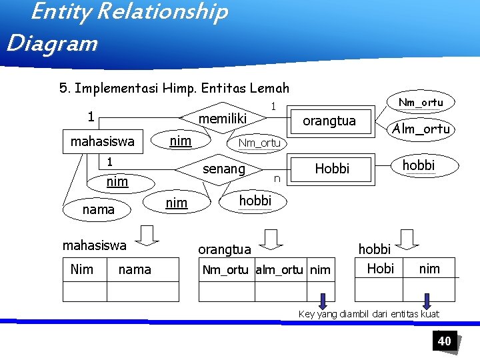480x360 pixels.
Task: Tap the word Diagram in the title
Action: click(52, 43)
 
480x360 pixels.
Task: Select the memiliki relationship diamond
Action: click(223, 119)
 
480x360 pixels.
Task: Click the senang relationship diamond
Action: click(223, 169)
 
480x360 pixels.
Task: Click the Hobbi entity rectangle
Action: click(332, 169)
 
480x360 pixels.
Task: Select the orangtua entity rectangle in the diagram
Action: click(329, 121)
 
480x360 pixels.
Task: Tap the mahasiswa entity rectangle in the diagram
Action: click(103, 141)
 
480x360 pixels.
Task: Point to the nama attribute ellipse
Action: click(98, 209)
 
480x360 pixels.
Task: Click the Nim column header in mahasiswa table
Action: click(81, 269)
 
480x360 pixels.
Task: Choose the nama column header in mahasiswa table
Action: click(135, 269)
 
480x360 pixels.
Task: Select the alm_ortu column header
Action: click(281, 269)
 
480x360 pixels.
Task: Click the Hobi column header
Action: click(380, 268)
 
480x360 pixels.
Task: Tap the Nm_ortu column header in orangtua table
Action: click(225, 269)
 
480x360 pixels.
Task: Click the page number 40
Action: click(444, 341)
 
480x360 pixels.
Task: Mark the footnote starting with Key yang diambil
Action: click(368, 314)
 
